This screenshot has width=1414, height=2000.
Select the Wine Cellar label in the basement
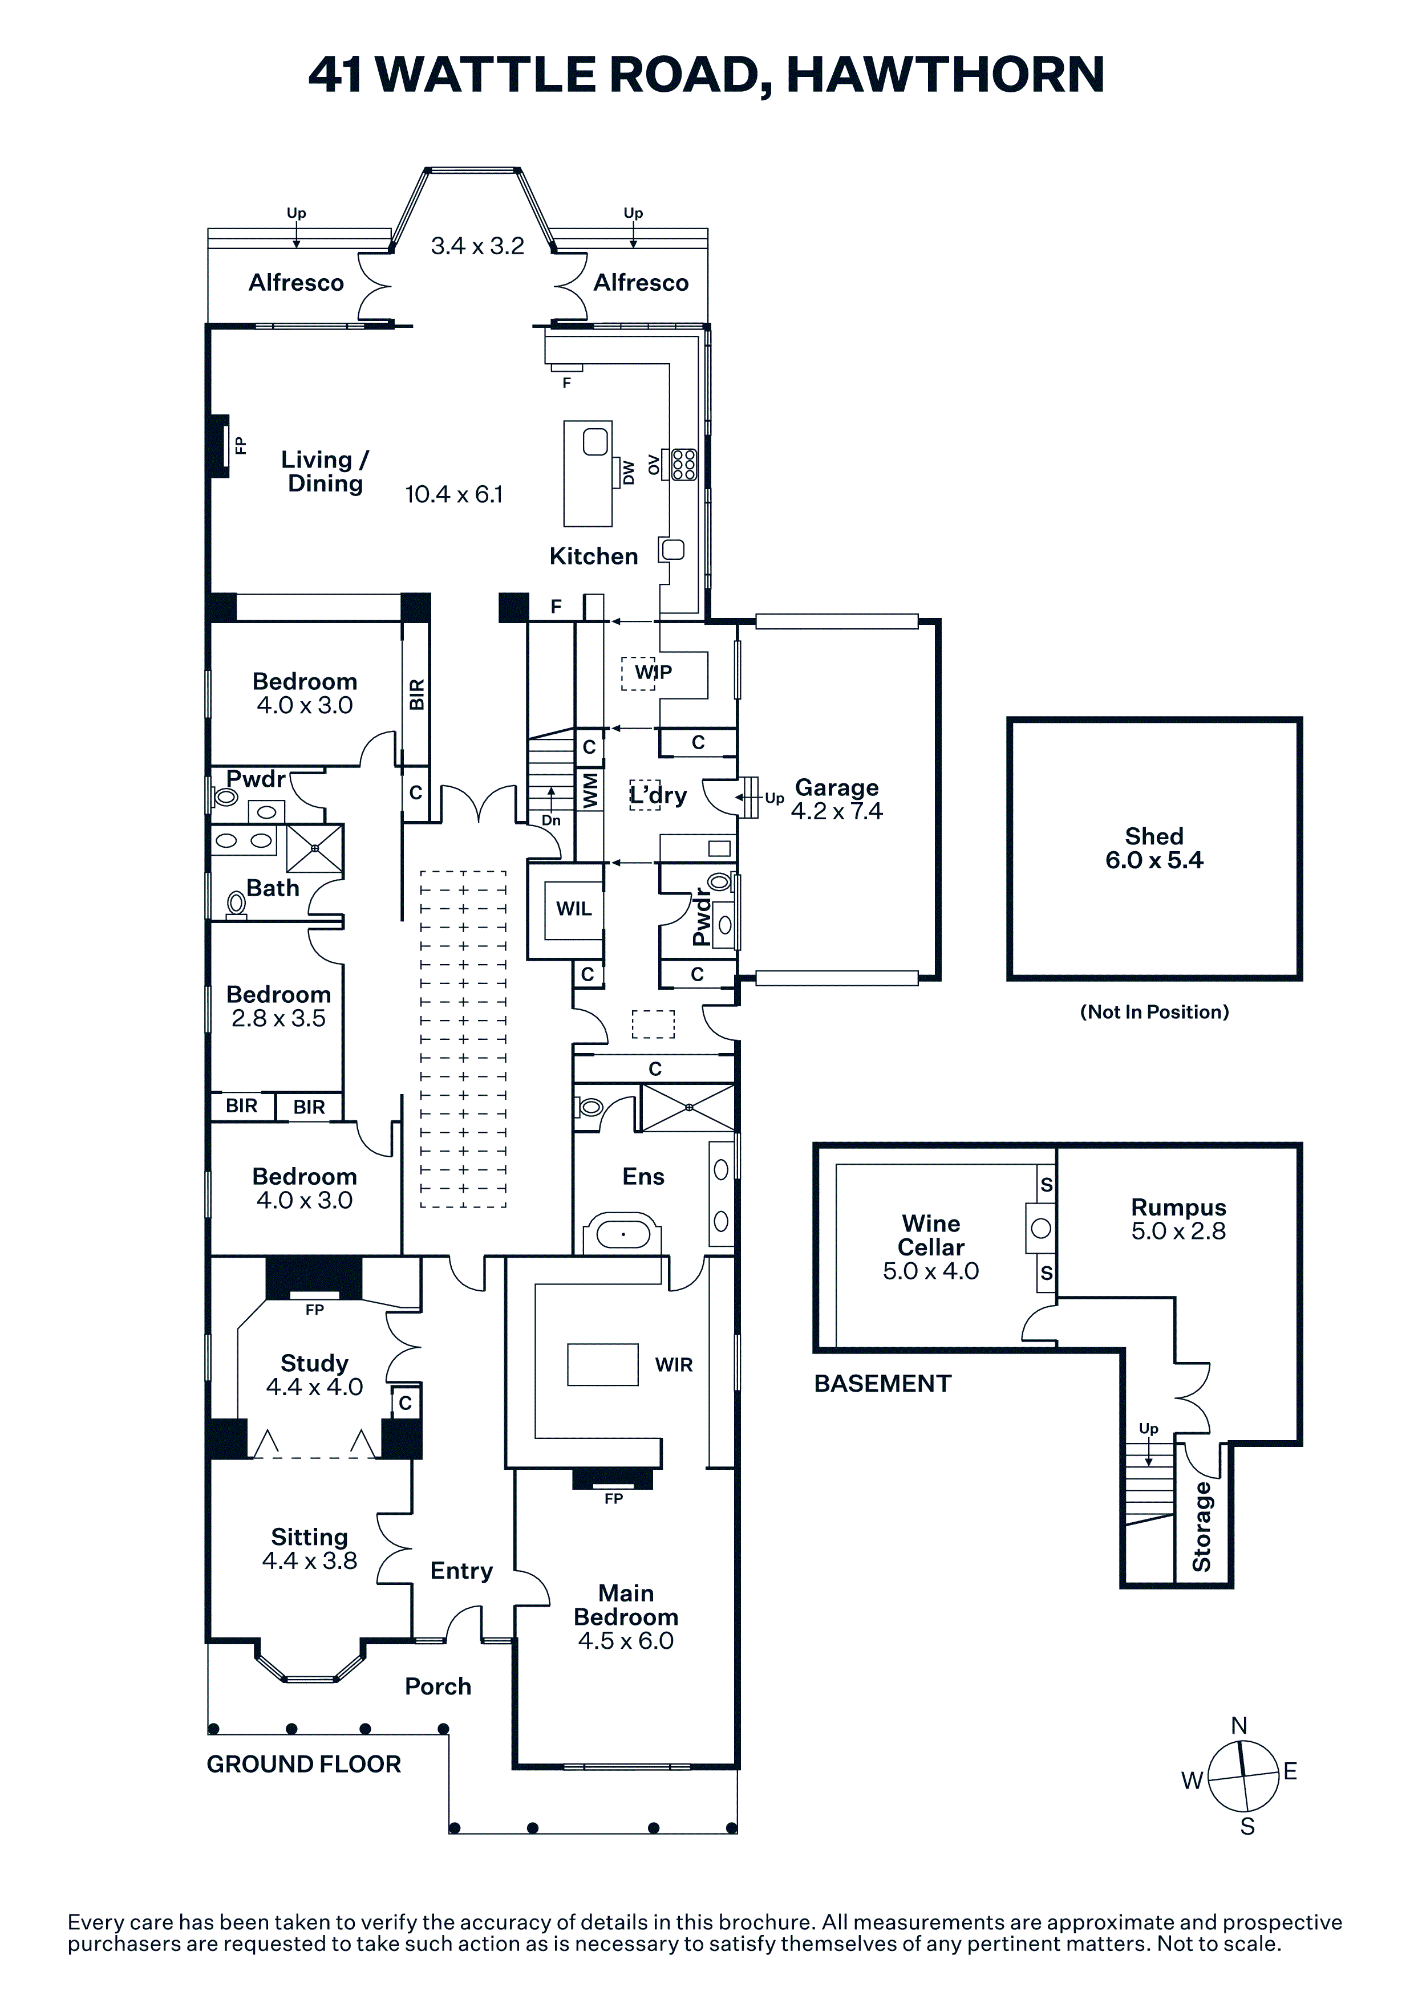tap(930, 1235)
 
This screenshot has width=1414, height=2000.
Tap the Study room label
tap(314, 1363)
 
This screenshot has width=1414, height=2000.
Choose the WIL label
tap(574, 909)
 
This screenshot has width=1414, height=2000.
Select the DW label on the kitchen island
tap(628, 471)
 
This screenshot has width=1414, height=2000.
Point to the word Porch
tap(438, 1686)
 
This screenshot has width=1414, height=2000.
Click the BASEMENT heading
tap(882, 1383)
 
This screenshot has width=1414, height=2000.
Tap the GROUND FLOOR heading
tap(304, 1764)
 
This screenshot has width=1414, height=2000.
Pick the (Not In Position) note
tap(1154, 1012)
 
